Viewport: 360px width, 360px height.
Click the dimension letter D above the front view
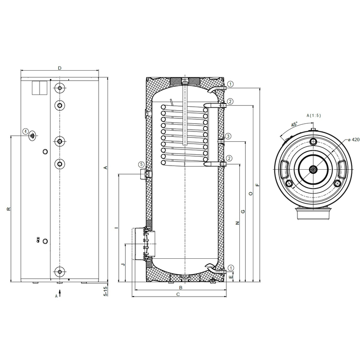coord(60,68)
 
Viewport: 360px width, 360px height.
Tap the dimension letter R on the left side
coord(9,209)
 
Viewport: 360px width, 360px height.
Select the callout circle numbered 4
coord(26,131)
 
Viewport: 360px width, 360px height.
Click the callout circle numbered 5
coord(141,164)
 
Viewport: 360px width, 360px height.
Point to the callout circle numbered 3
coord(228,136)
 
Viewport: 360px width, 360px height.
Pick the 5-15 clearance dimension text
coord(105,291)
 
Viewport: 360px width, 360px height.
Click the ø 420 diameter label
coord(354,139)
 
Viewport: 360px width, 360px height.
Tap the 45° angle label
coord(294,125)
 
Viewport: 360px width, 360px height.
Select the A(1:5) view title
coord(314,116)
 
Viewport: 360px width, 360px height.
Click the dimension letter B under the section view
coord(181,288)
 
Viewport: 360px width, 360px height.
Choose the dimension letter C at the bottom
coord(178,294)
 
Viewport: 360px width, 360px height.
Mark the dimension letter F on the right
coord(257,185)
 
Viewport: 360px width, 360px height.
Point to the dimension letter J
coord(123,265)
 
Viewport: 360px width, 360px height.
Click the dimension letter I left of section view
coord(117,228)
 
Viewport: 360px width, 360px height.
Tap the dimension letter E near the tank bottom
coord(231,277)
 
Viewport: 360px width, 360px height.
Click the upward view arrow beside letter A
coord(60,293)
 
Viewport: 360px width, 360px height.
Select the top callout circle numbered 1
coord(230,84)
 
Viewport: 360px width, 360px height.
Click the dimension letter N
coord(238,223)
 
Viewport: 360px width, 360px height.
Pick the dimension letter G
coord(243,211)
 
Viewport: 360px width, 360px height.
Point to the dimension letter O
coord(251,193)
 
